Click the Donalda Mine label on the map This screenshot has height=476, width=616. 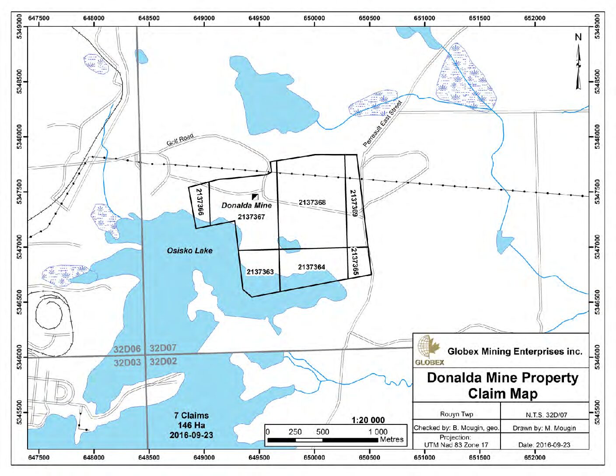pos(246,205)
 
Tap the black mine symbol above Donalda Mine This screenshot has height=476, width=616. pos(255,197)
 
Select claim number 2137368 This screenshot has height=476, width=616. pos(312,202)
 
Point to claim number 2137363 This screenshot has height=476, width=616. pos(260,272)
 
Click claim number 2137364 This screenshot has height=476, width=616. pos(311,267)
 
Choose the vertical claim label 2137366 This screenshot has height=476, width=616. pos(199,202)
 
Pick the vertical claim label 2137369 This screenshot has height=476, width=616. pos(353,203)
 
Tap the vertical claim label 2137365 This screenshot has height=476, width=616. pos(354,262)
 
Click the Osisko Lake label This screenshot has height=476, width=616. pos(189,251)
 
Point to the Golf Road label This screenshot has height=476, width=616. pos(179,140)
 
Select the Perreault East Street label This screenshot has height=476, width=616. pos(382,124)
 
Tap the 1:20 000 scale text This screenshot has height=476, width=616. pos(368,420)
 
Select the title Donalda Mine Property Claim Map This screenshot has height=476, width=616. pos(502,385)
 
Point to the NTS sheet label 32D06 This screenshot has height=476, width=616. pos(127,349)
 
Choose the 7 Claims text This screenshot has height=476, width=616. pos(191,415)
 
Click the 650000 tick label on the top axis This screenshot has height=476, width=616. pos(314,18)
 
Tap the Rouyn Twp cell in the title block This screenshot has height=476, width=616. pos(456,414)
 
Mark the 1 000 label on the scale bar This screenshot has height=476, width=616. pos(378,431)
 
